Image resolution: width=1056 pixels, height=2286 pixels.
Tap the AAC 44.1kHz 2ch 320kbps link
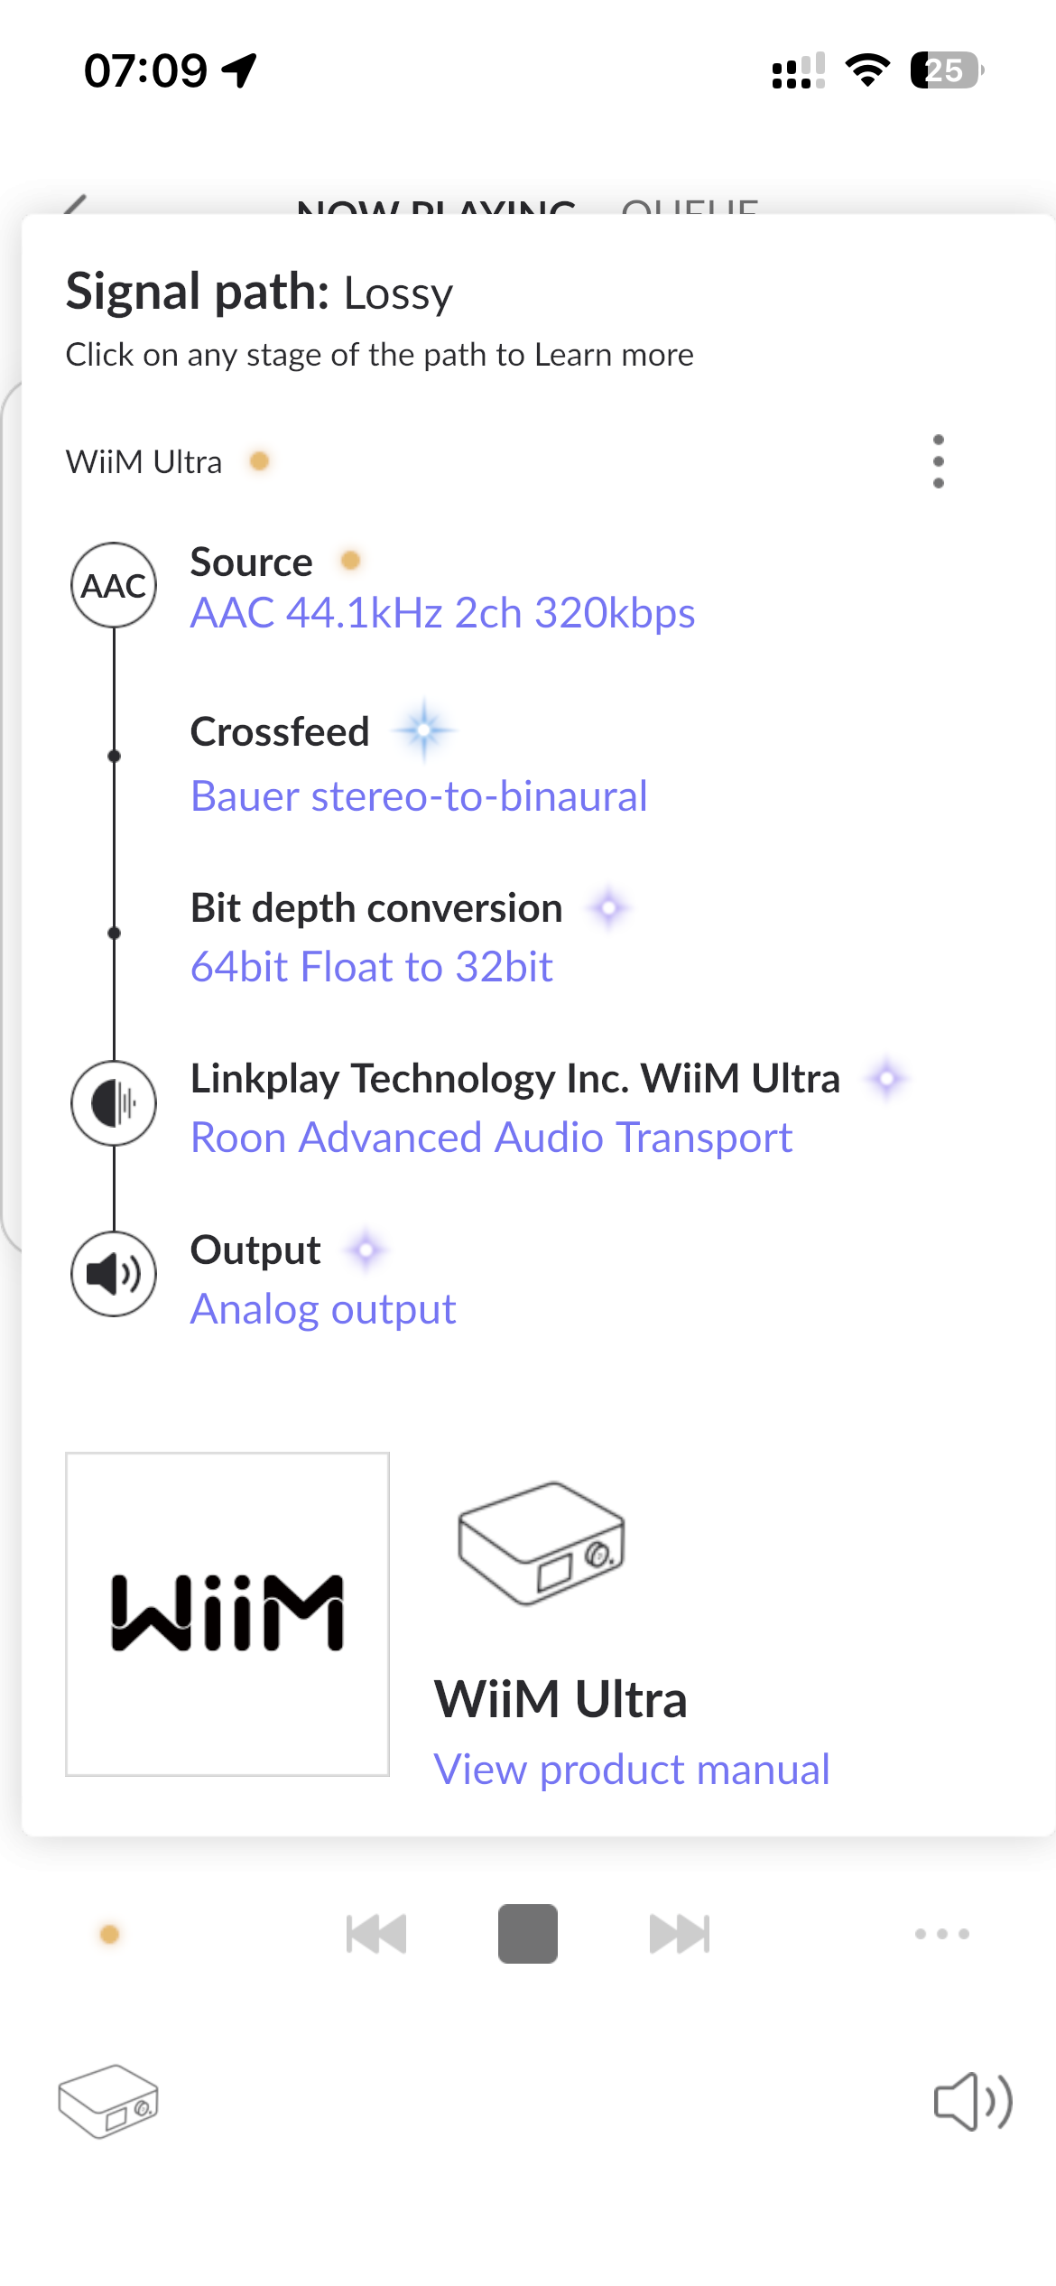coord(442,613)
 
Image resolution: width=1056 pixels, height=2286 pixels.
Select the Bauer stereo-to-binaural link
coord(419,796)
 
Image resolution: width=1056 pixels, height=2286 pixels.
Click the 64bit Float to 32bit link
coord(371,967)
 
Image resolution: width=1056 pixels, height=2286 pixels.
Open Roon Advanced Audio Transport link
coord(491,1138)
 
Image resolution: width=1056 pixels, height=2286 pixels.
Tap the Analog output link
coord(323,1309)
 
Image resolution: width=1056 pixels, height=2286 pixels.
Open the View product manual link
coord(631,1770)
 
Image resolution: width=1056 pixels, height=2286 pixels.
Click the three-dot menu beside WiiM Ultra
coord(938,461)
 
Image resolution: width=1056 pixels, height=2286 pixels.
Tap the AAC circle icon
coord(114,585)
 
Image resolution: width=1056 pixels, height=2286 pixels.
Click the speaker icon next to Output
coord(114,1274)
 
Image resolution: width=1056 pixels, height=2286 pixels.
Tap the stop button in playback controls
coord(527,1934)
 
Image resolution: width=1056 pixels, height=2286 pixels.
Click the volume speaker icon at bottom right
coord(972,2102)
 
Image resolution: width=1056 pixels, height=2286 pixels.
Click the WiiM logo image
coord(227,1614)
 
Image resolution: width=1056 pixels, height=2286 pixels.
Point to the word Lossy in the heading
coord(398,294)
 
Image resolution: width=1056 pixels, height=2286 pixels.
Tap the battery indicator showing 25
coord(945,70)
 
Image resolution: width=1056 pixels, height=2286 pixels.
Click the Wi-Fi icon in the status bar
coord(867,70)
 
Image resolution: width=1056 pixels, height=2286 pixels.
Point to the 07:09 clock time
coord(145,70)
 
